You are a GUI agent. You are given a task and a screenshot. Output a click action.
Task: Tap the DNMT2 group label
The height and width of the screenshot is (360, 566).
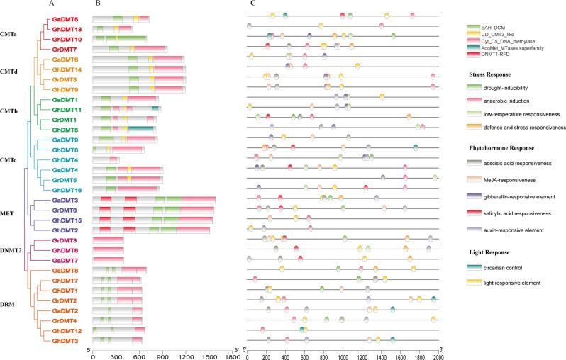click(12, 250)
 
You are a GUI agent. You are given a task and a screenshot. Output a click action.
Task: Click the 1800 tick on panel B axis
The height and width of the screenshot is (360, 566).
click(231, 356)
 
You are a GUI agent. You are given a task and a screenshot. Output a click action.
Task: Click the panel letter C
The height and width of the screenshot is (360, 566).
click(253, 5)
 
